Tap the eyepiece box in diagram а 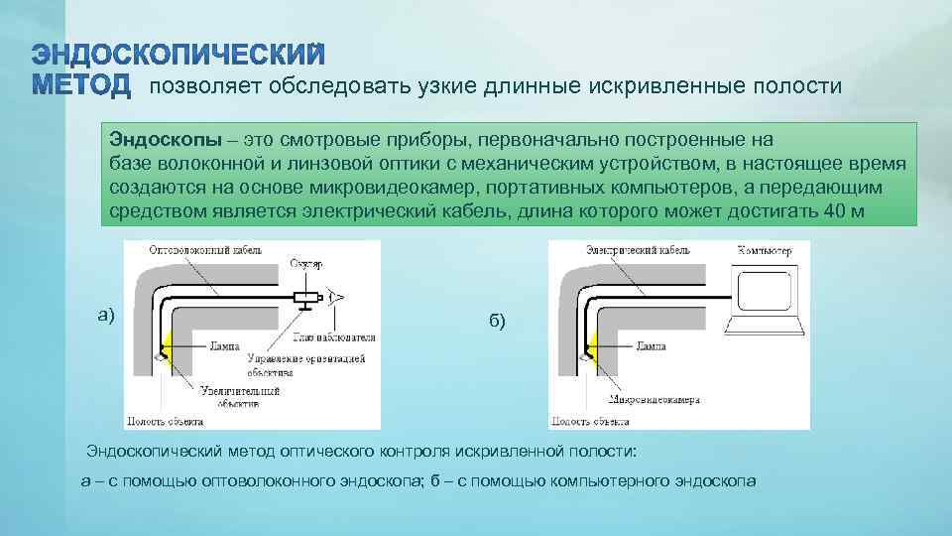(x=305, y=298)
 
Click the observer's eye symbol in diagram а (x=336, y=297)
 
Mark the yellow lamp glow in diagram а (x=166, y=348)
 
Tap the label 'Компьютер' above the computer (x=765, y=252)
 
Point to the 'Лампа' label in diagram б (x=651, y=347)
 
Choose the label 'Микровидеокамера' (x=655, y=401)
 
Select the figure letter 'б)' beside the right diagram (x=497, y=320)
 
